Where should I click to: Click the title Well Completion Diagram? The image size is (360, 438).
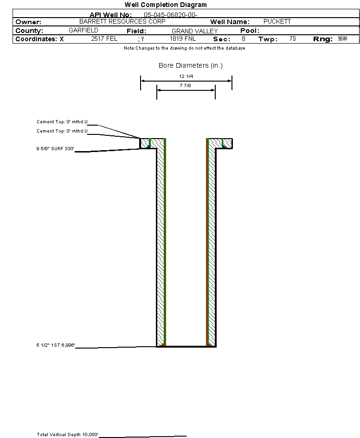tap(166, 5)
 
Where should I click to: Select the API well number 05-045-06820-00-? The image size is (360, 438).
tap(171, 15)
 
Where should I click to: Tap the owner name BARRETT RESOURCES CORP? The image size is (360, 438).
tap(122, 21)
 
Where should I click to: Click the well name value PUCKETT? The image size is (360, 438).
tap(277, 21)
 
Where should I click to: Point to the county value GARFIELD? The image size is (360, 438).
tap(84, 30)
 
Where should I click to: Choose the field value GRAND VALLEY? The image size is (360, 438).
tap(194, 31)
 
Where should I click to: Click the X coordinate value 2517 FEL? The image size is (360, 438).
tap(104, 38)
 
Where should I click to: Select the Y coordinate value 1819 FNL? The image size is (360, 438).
tap(183, 38)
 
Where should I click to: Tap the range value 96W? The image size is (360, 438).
tap(342, 38)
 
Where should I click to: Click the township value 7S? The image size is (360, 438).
tap(293, 38)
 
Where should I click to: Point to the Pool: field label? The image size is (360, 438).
tap(250, 31)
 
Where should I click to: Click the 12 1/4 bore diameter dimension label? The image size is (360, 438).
tap(186, 76)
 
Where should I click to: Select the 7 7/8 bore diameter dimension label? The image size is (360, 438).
tap(185, 85)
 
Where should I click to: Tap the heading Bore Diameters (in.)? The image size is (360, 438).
tap(191, 65)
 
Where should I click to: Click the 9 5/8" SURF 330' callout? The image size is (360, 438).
tap(55, 149)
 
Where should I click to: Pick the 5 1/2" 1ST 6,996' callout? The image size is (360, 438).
tap(56, 345)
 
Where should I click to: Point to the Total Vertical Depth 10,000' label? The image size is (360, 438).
tap(67, 434)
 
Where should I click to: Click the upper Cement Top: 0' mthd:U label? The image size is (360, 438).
tap(62, 122)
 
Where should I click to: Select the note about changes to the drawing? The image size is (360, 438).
tap(185, 48)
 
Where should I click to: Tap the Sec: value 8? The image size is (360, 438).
tap(244, 38)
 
